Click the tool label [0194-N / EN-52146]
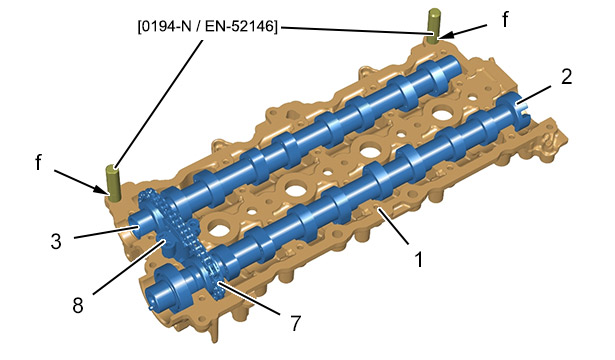[207, 27]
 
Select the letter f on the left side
[38, 162]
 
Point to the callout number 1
[419, 260]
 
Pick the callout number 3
[56, 241]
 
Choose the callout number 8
[78, 305]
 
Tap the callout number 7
[295, 323]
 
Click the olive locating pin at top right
[433, 25]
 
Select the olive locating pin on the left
[113, 183]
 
